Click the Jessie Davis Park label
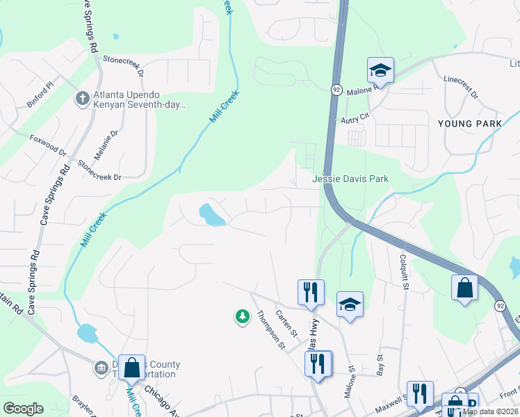350,179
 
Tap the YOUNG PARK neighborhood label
470,124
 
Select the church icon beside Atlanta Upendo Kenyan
82,99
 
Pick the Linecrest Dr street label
460,86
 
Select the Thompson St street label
271,329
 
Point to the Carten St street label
286,323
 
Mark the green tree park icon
242,317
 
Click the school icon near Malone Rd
380,69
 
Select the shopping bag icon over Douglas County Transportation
131,368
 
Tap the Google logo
23,409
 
